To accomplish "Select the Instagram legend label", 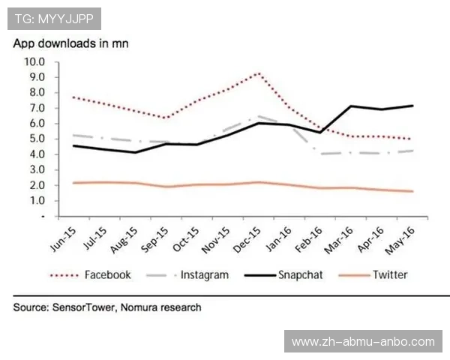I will click(204, 275).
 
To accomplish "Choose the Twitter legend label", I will click(390, 275).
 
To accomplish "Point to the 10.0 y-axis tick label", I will click(34, 61).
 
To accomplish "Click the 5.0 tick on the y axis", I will click(36, 139).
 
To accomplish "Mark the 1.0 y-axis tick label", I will click(36, 201).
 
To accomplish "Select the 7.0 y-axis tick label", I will click(36, 108).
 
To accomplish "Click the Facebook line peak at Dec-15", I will click(259, 73).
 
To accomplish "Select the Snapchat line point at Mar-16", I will click(351, 106).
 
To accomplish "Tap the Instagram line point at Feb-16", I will click(321, 154).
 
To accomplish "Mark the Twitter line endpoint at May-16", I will click(412, 191).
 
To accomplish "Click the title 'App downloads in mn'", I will click(70, 43).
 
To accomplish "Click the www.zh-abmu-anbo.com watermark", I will click(363, 342).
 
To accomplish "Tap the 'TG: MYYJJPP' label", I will click(54, 17).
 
